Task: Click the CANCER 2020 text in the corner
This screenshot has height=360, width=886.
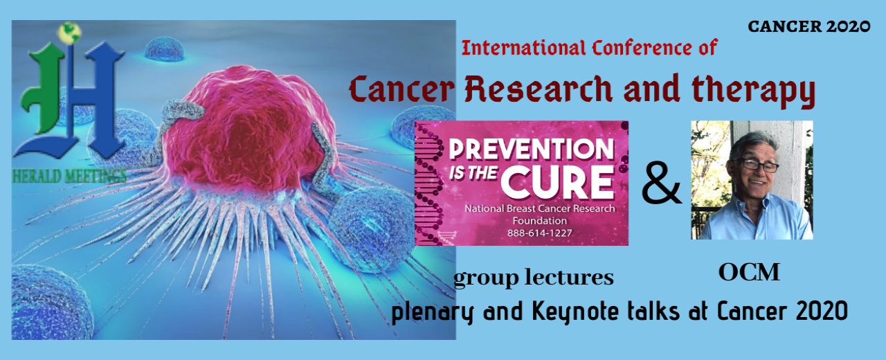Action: point(808,26)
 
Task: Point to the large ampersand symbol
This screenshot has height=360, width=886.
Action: point(661,185)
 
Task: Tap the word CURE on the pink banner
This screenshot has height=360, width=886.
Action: point(558,181)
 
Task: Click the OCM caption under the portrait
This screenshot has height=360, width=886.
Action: point(749,273)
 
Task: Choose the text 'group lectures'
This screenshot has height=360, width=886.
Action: point(533,278)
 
